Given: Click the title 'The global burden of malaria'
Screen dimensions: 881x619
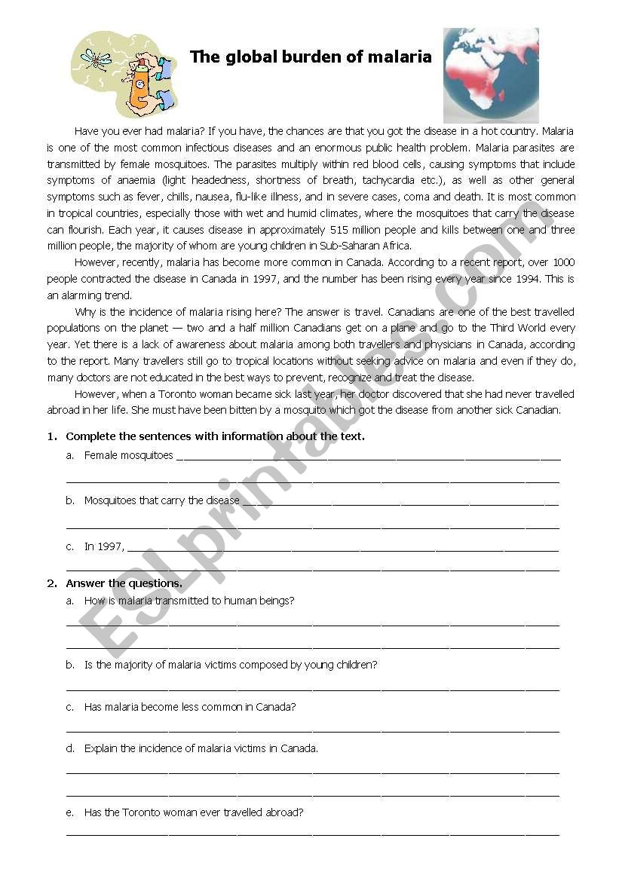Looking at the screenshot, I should point(311,57).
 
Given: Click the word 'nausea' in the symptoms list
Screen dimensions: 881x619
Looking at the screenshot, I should point(205,197).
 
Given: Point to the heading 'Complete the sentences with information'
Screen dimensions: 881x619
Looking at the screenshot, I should point(215,436).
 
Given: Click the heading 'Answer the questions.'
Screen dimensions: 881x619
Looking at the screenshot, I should point(124,583).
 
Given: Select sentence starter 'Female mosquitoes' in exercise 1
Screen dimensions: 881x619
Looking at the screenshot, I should point(128,455).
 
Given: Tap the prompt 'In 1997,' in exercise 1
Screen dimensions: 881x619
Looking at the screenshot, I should point(104,547).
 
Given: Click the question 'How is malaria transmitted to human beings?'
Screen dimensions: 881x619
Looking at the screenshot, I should point(188,601).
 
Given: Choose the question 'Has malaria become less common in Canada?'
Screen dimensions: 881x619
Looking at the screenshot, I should point(189,707).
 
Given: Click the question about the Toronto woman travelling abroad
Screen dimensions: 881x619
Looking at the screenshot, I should point(194,812).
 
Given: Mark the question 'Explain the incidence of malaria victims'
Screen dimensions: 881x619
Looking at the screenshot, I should point(201,748).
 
